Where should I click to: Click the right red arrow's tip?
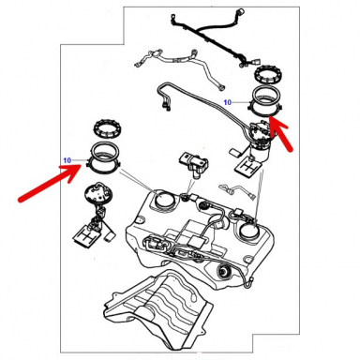(x=277, y=120)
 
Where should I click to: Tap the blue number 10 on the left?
(x=67, y=160)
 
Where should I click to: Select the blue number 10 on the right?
(x=227, y=100)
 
